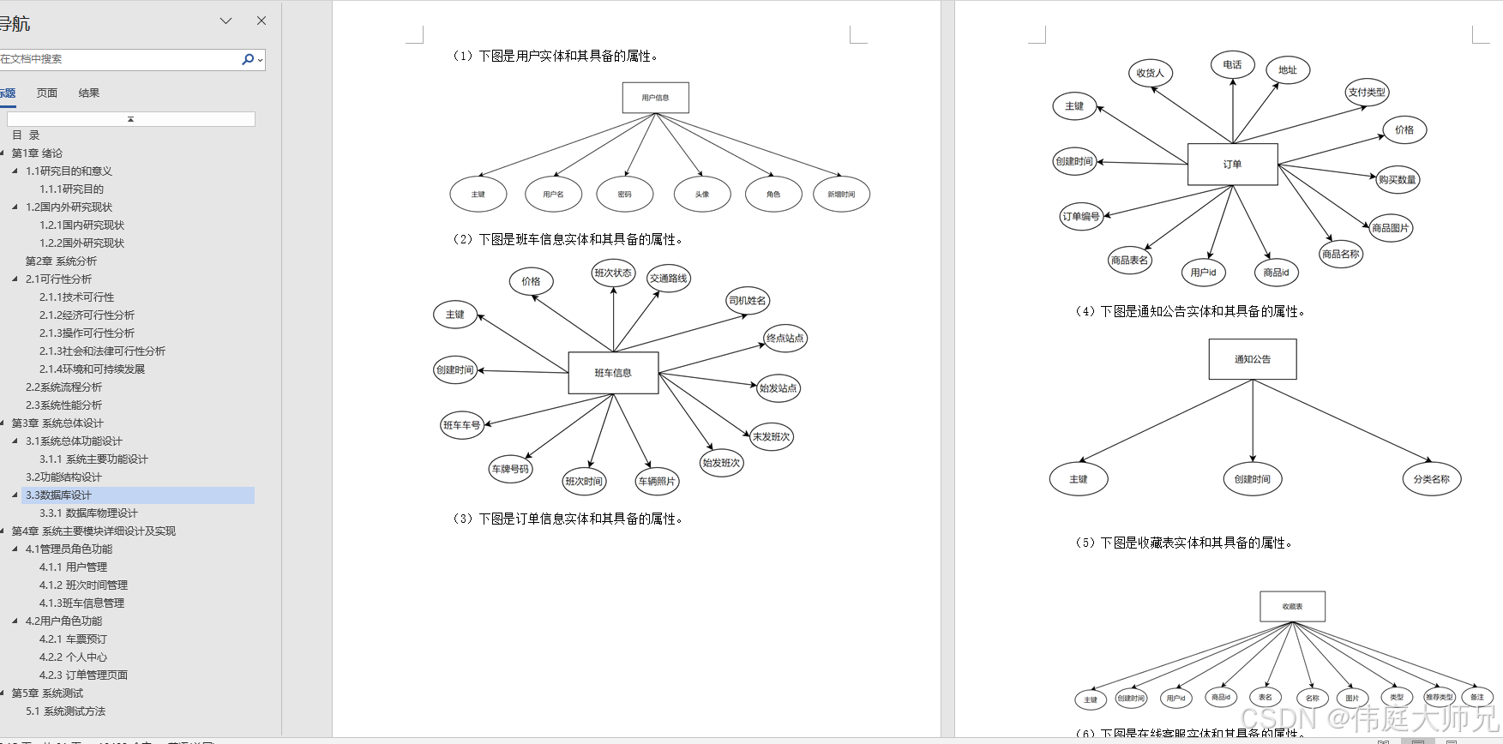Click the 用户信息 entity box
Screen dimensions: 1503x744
(x=655, y=98)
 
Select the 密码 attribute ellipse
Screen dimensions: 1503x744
(x=624, y=195)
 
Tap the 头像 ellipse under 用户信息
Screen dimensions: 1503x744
(x=702, y=195)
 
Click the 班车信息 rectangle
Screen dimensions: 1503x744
(x=613, y=373)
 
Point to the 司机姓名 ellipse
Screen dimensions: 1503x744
(x=748, y=301)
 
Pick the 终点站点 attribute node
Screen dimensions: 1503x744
(x=785, y=339)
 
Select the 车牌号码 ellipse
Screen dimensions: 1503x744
(x=510, y=470)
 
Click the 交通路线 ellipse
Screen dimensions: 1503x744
(x=668, y=279)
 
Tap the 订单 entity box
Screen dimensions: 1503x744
(x=1232, y=165)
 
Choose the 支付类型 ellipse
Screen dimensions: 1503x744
(x=1367, y=93)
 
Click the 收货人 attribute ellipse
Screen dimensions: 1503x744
(x=1150, y=74)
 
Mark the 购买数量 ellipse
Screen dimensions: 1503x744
(x=1397, y=180)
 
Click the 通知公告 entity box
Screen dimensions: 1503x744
(x=1253, y=359)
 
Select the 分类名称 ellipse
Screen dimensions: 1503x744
(x=1431, y=479)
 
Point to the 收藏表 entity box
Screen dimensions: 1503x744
(x=1292, y=606)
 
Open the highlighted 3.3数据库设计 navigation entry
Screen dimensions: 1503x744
(x=58, y=495)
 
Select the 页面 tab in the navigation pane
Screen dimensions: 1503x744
(x=47, y=93)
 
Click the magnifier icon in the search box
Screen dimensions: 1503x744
(x=248, y=59)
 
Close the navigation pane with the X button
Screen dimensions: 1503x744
(x=262, y=21)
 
